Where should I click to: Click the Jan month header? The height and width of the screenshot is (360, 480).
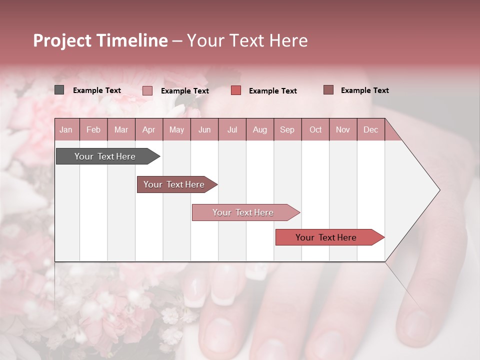click(66, 129)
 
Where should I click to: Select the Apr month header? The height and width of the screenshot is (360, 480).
click(148, 129)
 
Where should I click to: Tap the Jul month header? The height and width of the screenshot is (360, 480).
click(232, 129)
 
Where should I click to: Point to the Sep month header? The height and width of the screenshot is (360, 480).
click(287, 129)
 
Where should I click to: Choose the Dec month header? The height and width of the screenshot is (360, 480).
click(370, 129)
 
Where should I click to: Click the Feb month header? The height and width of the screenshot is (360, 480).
click(93, 129)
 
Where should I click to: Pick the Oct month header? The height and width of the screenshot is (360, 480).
click(315, 129)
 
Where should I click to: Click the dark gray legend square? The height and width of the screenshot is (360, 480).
click(59, 90)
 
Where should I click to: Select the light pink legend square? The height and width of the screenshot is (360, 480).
click(147, 90)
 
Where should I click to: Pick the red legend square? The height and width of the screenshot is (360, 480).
click(236, 90)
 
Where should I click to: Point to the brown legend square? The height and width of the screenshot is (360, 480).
click(328, 90)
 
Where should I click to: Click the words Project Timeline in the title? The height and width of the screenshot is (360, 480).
click(100, 40)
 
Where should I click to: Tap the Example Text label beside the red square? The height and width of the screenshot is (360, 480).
click(272, 91)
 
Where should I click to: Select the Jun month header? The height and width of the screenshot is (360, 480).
click(204, 129)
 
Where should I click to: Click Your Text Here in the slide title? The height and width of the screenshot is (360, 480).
click(247, 40)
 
